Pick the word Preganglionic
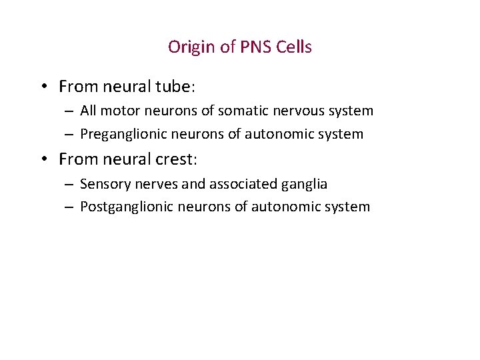pos(125,134)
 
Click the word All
pos(89,111)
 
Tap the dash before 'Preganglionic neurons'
pos(69,135)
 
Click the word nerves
pos(153,184)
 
